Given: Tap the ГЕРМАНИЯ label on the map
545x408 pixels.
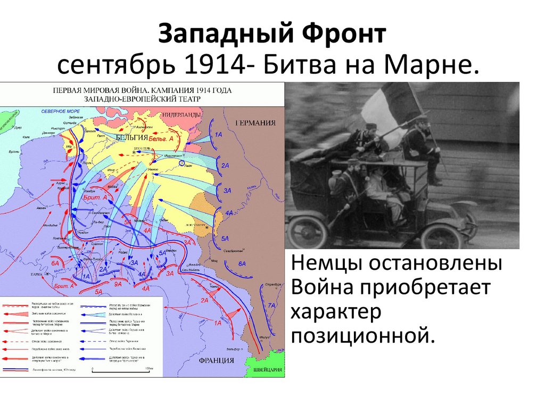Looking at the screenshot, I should point(255,123).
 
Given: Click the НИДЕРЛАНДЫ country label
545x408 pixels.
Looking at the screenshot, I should point(182,114).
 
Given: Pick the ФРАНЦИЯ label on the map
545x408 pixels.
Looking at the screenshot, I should point(216,360).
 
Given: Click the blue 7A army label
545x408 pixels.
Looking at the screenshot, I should point(271,305).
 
